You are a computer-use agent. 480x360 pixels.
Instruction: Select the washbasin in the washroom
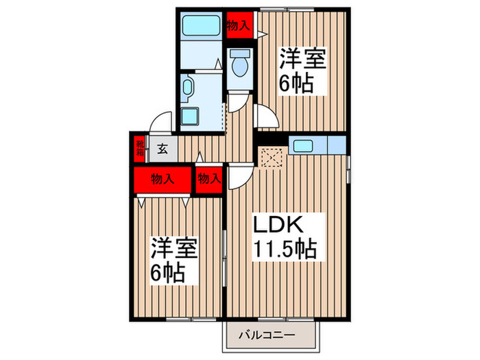pos(189,88)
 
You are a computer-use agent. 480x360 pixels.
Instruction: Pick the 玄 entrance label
pos(162,148)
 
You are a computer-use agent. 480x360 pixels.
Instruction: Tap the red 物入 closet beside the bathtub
pos(238,25)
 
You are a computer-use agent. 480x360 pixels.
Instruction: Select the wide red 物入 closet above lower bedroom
pos(162,180)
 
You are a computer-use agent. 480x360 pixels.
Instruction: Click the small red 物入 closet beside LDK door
pos(209,180)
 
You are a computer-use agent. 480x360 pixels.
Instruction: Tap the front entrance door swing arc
pos(162,122)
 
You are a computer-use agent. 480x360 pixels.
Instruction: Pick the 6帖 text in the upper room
pos(296,84)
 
